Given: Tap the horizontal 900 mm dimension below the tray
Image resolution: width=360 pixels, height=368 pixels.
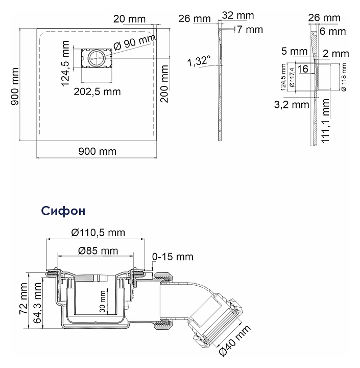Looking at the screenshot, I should tap(97, 151).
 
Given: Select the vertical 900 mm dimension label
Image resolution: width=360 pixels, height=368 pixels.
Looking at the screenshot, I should tap(15, 87).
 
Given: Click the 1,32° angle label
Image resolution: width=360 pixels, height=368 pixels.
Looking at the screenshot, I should tap(199, 61).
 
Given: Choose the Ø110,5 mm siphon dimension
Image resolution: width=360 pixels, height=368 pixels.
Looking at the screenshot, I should tap(99, 233).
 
